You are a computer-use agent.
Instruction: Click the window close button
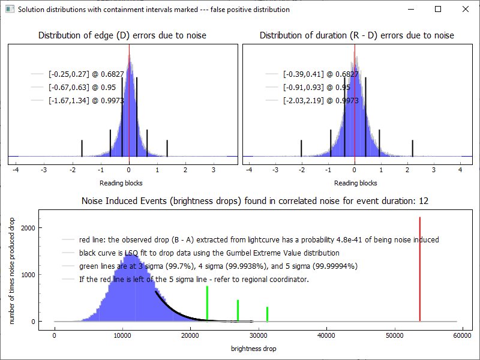(466, 10)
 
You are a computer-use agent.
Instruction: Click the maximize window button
(438, 10)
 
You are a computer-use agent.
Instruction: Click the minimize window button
(410, 10)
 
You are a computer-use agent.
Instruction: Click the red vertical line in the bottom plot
(420, 270)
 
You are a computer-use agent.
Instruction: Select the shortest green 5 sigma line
(267, 314)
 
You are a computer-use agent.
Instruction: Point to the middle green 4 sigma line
(238, 310)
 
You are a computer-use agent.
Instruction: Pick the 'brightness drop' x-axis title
(254, 348)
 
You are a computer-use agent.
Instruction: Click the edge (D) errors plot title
(122, 35)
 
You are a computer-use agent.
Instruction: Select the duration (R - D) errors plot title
(356, 35)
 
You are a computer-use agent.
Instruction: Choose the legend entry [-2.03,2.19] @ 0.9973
(320, 101)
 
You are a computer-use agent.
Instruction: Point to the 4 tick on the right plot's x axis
(460, 170)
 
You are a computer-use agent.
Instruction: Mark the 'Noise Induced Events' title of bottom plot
(254, 200)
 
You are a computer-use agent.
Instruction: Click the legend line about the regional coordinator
(193, 280)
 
